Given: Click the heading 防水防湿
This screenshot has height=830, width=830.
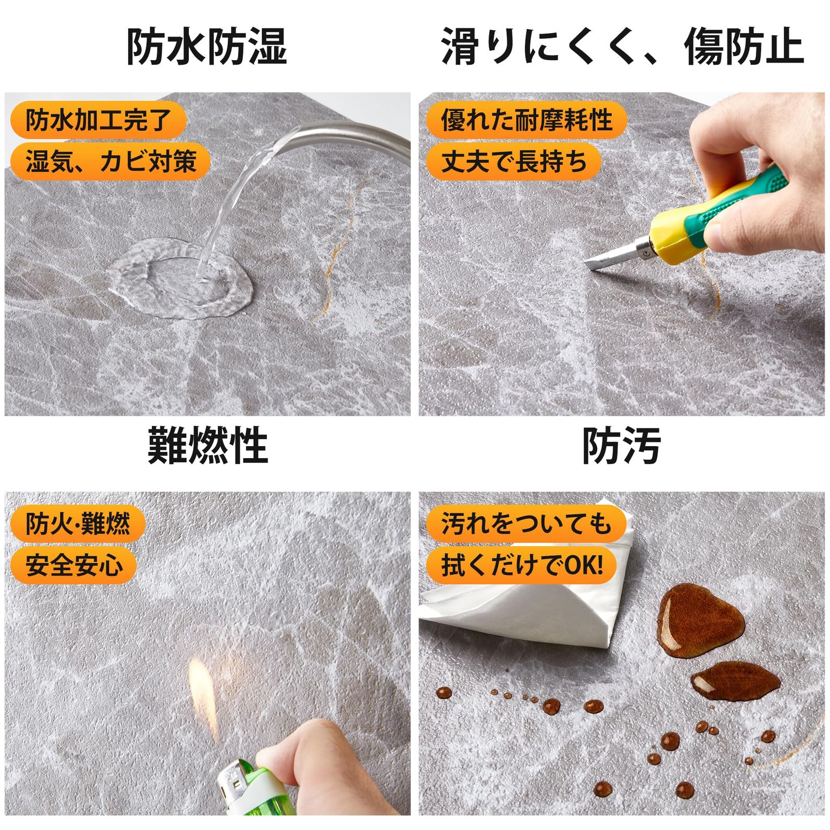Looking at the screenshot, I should point(206,47).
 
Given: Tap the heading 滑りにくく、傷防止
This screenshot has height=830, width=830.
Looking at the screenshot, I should point(621,47).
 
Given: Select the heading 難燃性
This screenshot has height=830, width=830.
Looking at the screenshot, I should point(208,445).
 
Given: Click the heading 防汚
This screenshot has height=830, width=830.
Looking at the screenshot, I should point(621,445).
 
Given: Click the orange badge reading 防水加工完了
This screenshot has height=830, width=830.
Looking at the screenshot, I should point(98,120).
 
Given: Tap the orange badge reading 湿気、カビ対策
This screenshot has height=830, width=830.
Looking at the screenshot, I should point(110,161).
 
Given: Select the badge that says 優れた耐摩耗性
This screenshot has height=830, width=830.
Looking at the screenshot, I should point(526,120).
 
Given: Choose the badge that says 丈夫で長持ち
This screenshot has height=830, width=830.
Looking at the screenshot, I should point(513,161).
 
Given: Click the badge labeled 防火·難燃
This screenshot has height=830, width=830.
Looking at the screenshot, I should point(78,523).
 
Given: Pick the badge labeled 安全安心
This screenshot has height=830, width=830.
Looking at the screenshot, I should point(74,564).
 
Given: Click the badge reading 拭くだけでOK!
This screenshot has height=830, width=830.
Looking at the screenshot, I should point(521,564).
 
